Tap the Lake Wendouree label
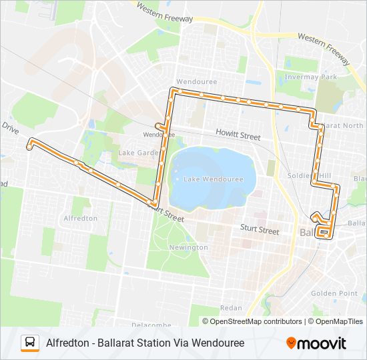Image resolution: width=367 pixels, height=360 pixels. [x=211, y=179]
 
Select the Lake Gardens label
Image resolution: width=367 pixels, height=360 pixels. [x=138, y=153]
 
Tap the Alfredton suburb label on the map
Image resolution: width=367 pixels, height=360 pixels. [x=80, y=218]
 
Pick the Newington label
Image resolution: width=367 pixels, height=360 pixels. [x=189, y=247]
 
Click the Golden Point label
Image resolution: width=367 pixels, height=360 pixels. [x=334, y=293]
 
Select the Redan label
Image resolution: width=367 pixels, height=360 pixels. [x=231, y=307]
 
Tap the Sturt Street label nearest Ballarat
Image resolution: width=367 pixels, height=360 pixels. [x=260, y=230]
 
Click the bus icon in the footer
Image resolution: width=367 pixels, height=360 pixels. [x=29, y=343]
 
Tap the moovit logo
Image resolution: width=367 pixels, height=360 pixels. [x=316, y=343]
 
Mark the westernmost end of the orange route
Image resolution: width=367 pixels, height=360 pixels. [x=29, y=143]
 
